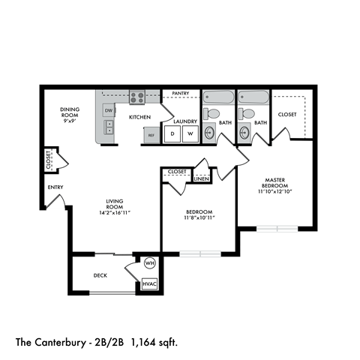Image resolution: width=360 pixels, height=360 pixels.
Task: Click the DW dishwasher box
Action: click(109, 110)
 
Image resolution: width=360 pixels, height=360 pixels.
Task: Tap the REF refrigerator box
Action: click(151, 136)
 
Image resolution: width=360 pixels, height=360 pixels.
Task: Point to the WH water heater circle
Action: click(149, 264)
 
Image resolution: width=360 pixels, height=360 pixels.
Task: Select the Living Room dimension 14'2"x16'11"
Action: click(108, 213)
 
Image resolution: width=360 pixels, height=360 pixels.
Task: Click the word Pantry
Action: click(181, 94)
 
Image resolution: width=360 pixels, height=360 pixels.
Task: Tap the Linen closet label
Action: click(201, 179)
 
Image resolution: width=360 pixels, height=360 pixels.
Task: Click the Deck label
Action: click(100, 275)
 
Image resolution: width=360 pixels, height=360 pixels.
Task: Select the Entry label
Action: click(55, 187)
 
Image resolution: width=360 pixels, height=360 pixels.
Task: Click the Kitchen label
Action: click(140, 117)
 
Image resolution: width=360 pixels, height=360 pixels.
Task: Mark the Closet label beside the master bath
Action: click(287, 115)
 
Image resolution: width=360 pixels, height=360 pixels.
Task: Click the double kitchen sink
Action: click(109, 127)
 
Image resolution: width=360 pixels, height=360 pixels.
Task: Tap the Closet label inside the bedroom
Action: click(177, 172)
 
